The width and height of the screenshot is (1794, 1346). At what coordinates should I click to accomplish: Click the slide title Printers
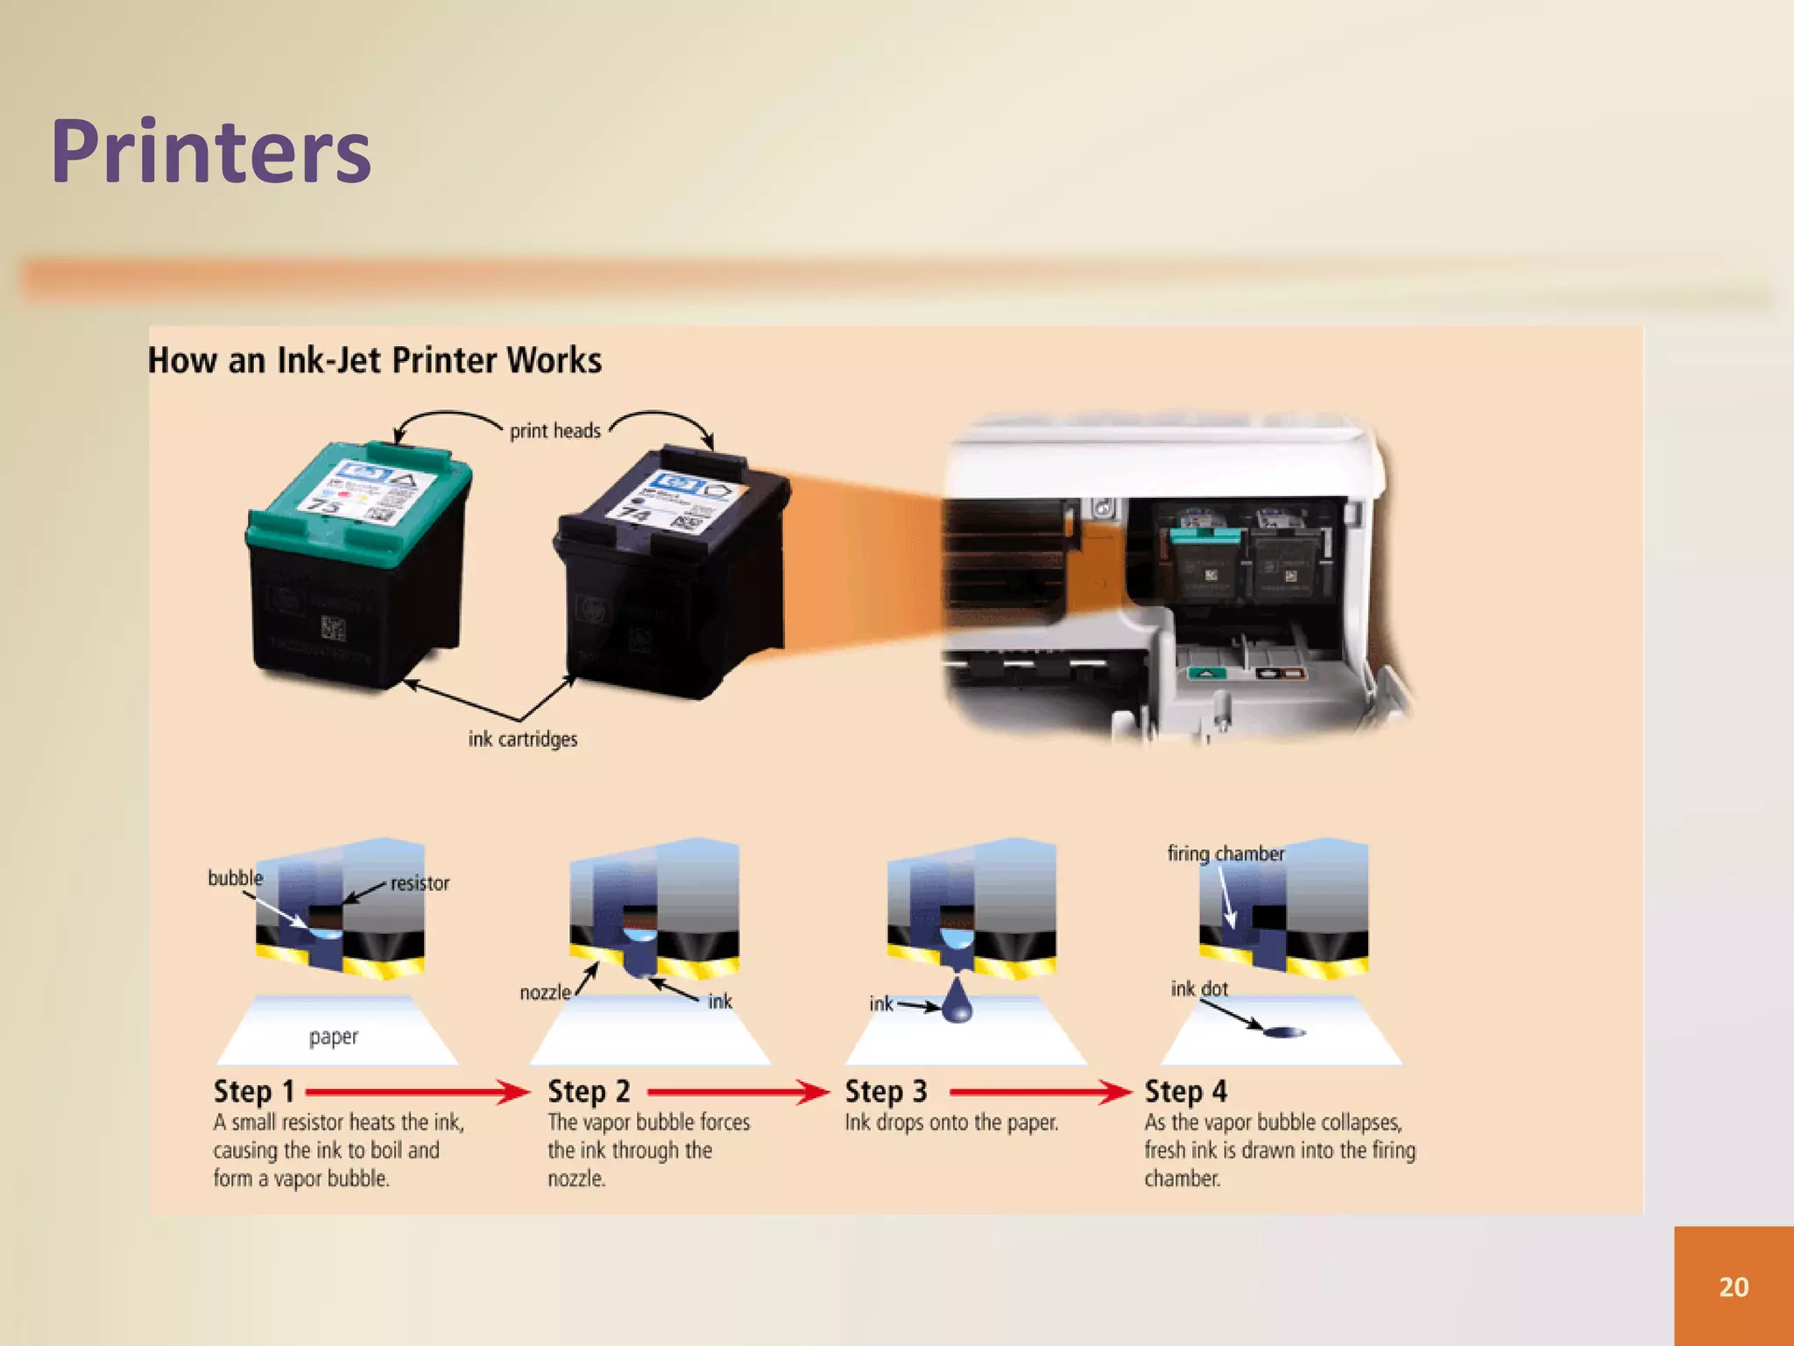click(211, 152)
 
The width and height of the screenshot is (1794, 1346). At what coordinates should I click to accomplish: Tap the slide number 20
click(1734, 1286)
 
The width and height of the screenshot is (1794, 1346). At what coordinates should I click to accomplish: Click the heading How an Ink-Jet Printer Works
click(374, 360)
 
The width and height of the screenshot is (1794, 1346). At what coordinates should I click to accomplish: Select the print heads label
click(555, 430)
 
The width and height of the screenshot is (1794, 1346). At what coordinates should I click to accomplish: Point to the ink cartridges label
click(522, 739)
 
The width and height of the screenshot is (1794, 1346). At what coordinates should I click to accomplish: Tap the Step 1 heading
click(254, 1091)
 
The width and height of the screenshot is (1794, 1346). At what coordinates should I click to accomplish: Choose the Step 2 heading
click(589, 1091)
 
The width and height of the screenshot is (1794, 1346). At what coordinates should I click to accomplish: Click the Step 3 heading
click(886, 1091)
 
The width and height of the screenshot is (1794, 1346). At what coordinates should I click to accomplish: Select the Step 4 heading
click(1185, 1091)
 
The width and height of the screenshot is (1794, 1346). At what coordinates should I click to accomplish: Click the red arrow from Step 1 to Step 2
click(417, 1092)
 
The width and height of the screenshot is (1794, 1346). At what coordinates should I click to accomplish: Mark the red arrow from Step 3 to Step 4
click(1040, 1092)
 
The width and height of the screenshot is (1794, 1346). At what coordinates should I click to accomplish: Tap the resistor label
click(420, 883)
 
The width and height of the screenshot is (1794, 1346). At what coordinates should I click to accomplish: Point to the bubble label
click(235, 877)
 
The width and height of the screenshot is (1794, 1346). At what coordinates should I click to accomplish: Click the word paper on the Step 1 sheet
click(334, 1037)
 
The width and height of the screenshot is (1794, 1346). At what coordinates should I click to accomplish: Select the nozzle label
click(545, 992)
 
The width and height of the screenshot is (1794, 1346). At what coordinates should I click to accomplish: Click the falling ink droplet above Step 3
click(957, 1003)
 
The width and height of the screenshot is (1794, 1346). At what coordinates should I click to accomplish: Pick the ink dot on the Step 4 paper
click(1284, 1032)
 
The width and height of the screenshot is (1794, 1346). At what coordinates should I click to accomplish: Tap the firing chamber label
click(1225, 854)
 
